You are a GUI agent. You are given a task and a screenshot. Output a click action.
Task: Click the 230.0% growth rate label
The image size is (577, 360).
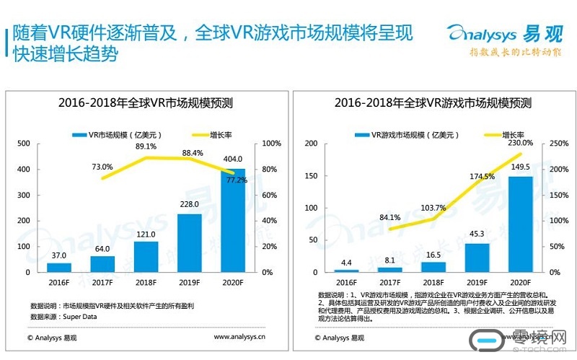[x=521, y=143]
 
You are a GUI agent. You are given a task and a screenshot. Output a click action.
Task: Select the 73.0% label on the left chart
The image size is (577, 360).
[x=102, y=167]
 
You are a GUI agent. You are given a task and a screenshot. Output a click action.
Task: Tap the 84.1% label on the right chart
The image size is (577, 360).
[x=390, y=217]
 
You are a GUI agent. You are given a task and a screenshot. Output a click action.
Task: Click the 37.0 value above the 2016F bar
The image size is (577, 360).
[x=59, y=255]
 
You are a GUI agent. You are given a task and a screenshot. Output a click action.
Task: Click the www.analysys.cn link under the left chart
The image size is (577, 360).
[x=239, y=336]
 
